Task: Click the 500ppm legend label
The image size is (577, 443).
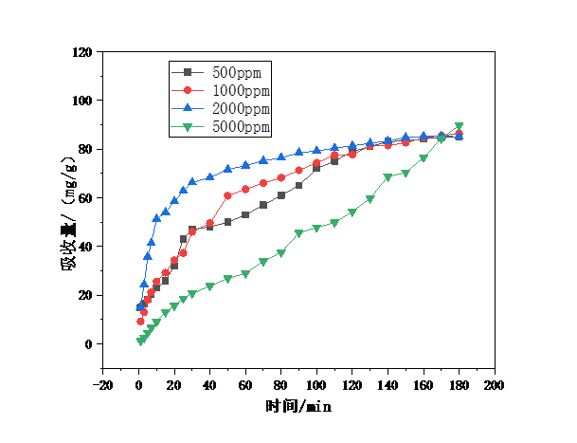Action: (x=237, y=72)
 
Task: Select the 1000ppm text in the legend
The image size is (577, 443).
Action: (x=241, y=90)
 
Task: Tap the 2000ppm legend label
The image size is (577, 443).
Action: (x=241, y=108)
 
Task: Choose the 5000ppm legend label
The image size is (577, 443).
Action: (x=241, y=126)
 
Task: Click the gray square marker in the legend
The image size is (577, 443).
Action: (x=188, y=72)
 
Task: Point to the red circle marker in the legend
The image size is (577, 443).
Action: (x=188, y=90)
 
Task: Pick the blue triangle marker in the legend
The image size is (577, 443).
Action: (x=188, y=108)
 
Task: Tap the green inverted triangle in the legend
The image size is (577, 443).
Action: (x=188, y=126)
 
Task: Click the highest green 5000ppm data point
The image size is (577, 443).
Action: (x=460, y=126)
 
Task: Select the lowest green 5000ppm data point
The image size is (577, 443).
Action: (x=140, y=341)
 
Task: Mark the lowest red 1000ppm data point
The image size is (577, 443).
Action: (x=140, y=322)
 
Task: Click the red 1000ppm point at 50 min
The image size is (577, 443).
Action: (x=228, y=195)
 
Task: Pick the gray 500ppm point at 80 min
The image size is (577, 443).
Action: (x=281, y=195)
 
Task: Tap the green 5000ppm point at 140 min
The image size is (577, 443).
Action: (x=388, y=177)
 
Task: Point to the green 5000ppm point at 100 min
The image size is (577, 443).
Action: (x=316, y=229)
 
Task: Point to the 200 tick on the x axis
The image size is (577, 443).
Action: (x=494, y=386)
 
